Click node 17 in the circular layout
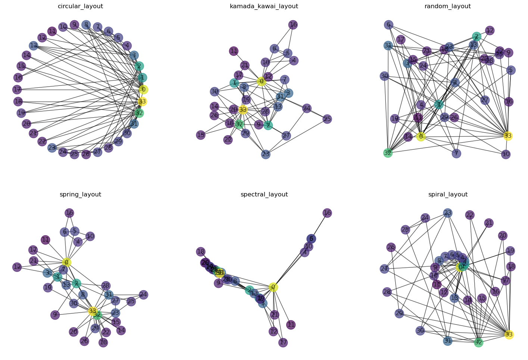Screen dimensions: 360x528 (x=17, y=90)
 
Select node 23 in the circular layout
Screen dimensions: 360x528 (x=52, y=148)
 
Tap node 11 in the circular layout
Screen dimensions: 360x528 (x=52, y=31)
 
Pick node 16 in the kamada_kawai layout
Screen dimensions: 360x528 (x=293, y=25)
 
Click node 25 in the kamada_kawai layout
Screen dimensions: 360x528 (x=327, y=119)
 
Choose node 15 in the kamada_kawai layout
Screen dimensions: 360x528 (x=201, y=135)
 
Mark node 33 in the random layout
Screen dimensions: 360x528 (x=507, y=136)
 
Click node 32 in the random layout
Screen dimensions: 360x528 (x=388, y=153)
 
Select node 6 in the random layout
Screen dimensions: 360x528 (x=388, y=25)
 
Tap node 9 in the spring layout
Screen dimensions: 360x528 (x=55, y=315)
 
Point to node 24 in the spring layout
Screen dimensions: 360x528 (x=143, y=295)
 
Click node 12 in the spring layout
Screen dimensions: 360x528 (x=17, y=267)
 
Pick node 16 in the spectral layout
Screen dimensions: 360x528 (x=327, y=213)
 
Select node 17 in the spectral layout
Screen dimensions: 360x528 (x=283, y=342)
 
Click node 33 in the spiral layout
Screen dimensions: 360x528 (x=509, y=334)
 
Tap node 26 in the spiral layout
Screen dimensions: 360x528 (x=391, y=247)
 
